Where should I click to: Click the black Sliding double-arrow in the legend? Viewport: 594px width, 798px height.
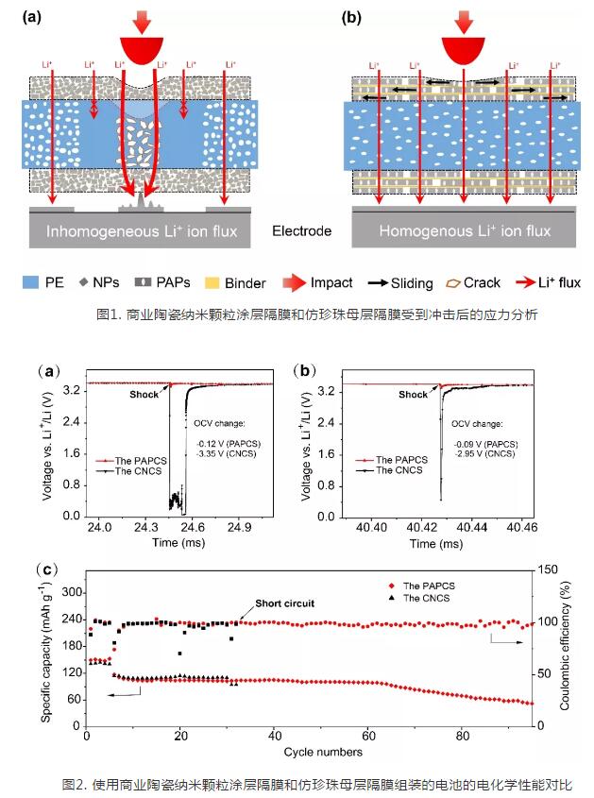tap(387, 282)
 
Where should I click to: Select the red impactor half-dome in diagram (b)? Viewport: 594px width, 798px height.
tap(463, 50)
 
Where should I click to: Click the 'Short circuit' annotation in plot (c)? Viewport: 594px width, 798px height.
tap(283, 603)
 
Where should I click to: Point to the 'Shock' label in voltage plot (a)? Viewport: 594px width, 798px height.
tap(144, 395)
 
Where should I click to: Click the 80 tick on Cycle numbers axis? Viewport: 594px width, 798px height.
tap(461, 738)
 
